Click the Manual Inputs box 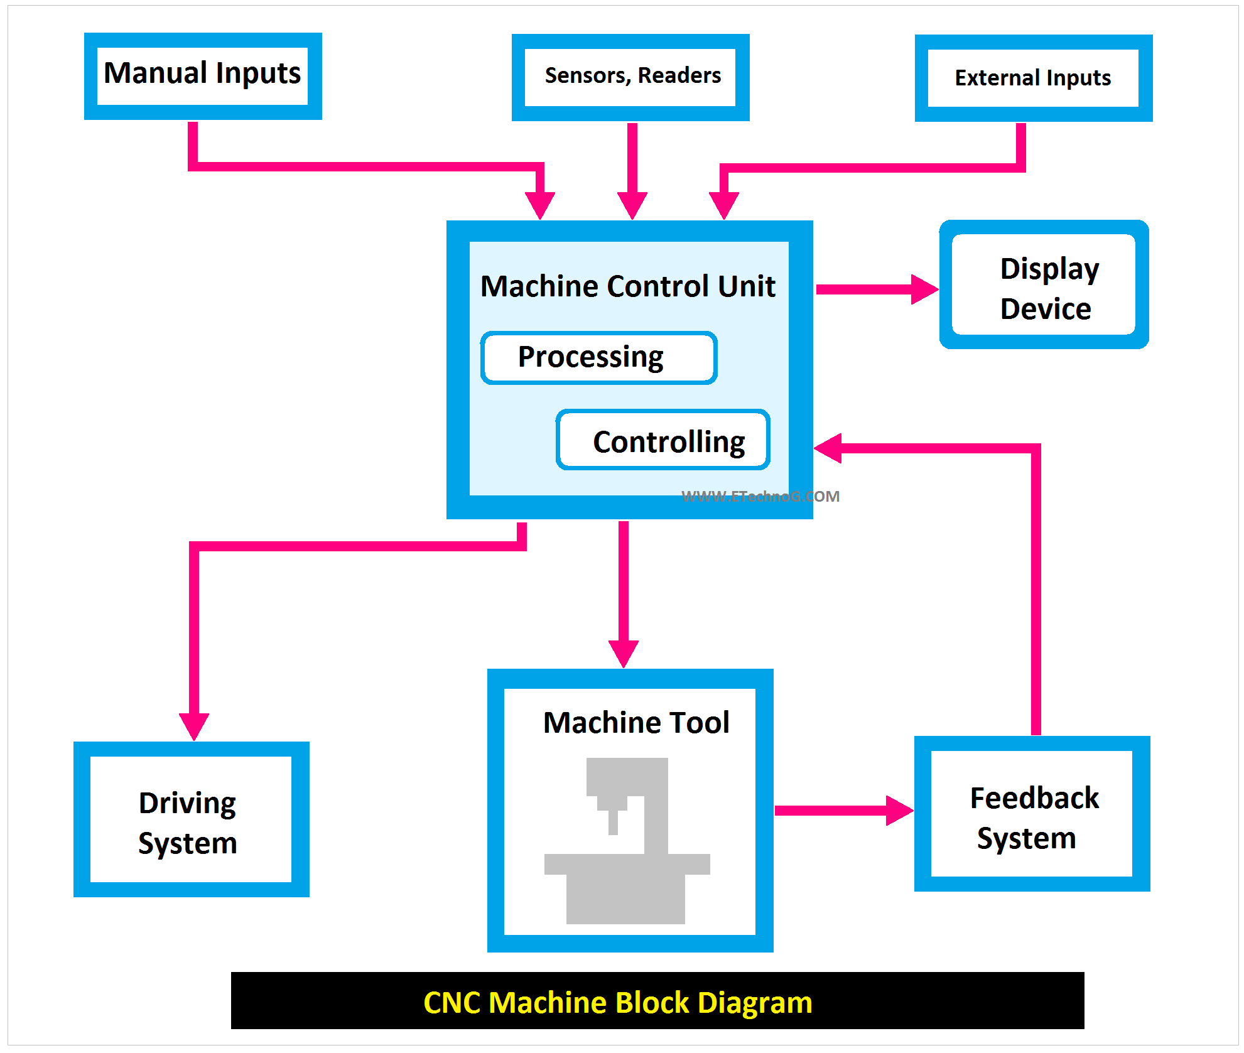coord(202,76)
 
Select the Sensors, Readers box coord(630,77)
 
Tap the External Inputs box coord(1033,78)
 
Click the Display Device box coord(1044,285)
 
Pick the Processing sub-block coord(598,358)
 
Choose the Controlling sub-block coord(663,441)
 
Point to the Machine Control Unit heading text coord(628,286)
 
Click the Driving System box coord(191,819)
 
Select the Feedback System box coord(1032,814)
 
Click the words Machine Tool coord(636,723)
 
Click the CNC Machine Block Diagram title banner coord(657,1001)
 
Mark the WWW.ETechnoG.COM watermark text coord(760,497)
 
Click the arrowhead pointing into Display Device coord(924,289)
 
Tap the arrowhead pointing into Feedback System coord(899,811)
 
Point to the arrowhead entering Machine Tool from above coord(624,653)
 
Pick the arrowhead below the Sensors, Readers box coord(632,205)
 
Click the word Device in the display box coord(1046,309)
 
